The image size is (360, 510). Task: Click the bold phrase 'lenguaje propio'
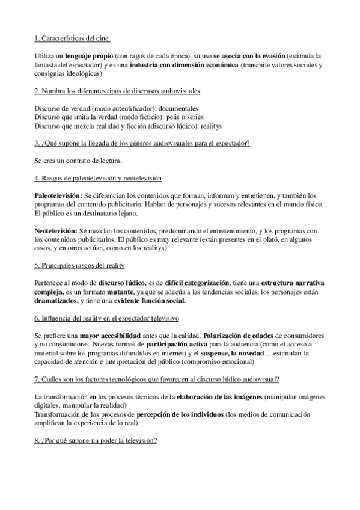click(89, 55)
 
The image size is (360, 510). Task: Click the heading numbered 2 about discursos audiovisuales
click(117, 90)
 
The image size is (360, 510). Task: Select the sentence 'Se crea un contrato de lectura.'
click(78, 161)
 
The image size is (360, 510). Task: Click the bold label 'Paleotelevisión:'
click(58, 196)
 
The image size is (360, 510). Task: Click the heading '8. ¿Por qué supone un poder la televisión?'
click(96, 441)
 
